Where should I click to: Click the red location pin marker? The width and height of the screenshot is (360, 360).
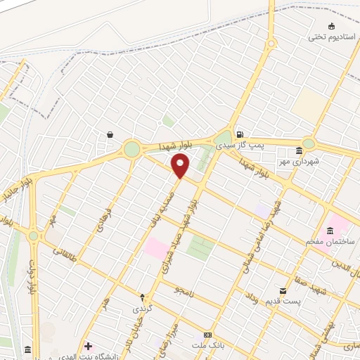(181, 166)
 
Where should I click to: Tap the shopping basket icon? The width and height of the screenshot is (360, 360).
(110, 134)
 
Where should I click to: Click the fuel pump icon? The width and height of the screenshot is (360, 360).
(240, 134)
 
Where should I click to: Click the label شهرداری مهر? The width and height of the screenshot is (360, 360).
(299, 161)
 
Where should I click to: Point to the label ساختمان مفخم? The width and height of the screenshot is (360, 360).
(330, 241)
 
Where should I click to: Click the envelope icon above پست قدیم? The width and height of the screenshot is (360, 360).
(283, 290)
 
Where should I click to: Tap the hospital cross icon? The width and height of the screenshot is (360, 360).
(88, 346)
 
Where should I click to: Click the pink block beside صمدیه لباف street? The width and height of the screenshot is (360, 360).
(156, 247)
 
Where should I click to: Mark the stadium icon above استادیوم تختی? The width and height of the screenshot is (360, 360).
(312, 26)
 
